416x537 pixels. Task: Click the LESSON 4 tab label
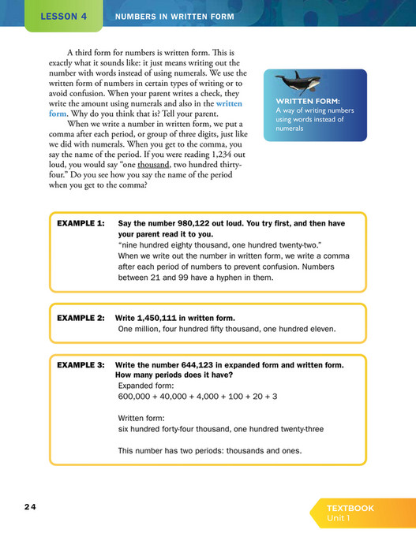coord(63,16)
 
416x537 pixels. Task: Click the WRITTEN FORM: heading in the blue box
coord(310,102)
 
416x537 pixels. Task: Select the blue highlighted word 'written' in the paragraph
coord(229,104)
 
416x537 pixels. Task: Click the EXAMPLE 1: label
coord(81,224)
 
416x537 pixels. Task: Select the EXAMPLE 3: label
coord(81,366)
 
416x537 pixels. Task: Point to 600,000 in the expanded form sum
coord(137,397)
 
